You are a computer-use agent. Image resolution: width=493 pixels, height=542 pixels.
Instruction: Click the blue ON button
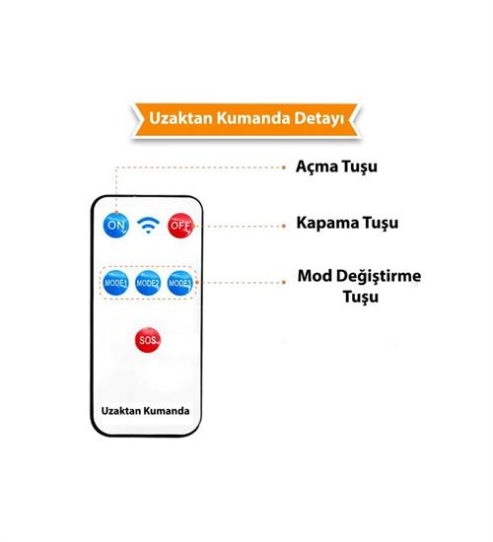click(116, 226)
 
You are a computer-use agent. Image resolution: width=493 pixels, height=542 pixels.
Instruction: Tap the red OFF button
click(180, 226)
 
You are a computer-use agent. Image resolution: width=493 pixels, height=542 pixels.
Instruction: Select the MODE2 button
click(148, 283)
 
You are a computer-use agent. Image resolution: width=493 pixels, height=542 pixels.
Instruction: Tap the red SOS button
click(148, 340)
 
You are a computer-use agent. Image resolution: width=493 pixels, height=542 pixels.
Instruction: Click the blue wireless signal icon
click(148, 225)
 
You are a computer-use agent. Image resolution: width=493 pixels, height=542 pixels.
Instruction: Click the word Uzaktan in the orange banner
click(180, 118)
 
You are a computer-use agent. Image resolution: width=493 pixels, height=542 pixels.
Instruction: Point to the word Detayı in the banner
click(319, 119)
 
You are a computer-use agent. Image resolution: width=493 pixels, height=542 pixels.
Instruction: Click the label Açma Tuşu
click(336, 167)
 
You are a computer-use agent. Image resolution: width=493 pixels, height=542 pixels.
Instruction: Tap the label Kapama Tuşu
click(347, 223)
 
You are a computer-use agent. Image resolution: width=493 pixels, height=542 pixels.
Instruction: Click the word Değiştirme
click(379, 277)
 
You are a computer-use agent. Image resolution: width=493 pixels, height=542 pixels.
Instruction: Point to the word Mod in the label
click(315, 276)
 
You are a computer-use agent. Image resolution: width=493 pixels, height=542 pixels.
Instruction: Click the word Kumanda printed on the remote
click(167, 411)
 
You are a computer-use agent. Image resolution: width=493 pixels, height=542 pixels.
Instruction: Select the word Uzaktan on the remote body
click(120, 411)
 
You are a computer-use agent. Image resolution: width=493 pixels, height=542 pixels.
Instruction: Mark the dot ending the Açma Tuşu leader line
click(284, 168)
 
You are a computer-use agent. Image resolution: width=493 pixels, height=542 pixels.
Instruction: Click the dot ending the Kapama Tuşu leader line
click(284, 226)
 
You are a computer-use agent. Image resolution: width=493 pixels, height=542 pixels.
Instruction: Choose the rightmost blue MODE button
click(179, 283)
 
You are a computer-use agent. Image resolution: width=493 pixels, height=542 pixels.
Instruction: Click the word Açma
click(317, 167)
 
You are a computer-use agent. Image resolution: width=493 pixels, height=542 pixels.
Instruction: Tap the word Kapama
click(326, 223)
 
